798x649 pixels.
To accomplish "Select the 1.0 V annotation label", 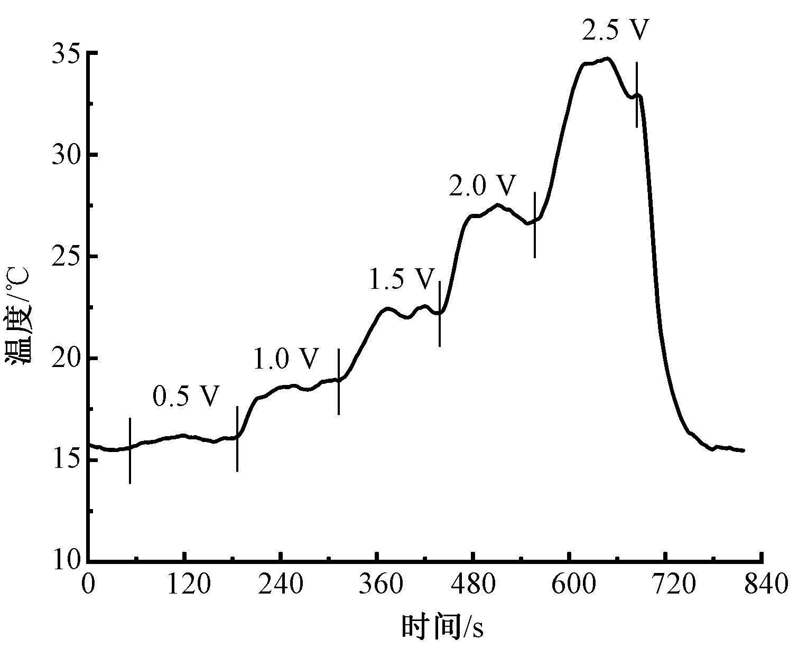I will click(x=286, y=359).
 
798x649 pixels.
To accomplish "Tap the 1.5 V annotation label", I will click(x=401, y=279).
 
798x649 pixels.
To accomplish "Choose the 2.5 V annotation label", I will click(x=615, y=30).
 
